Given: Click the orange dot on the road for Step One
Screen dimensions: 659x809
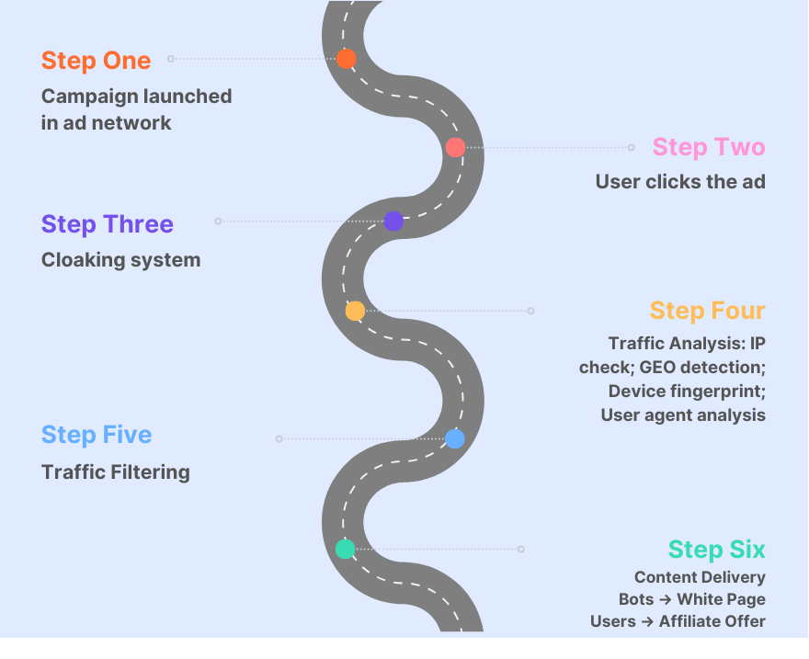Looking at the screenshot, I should pos(346,59).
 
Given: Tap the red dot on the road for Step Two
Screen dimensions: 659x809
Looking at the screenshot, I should pos(455,147).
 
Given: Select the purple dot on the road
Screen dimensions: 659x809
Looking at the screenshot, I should pos(393,221).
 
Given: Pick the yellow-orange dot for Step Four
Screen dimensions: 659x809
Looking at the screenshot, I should pos(355,311).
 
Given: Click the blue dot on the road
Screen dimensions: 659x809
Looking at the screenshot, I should pos(454,438).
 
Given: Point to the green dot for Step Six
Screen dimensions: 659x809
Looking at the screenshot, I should pos(345,549).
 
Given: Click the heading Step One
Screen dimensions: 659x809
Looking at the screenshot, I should pos(96,61).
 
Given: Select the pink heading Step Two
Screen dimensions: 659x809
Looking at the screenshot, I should pos(708,147).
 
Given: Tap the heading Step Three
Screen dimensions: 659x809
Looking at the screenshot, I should pos(107,224).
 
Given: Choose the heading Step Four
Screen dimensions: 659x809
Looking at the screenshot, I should pos(707,311).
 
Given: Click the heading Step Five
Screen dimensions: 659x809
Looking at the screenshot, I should pos(97,435).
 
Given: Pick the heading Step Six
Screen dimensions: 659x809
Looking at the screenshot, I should pos(716,550).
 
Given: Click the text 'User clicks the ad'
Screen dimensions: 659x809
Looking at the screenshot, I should pos(680,182).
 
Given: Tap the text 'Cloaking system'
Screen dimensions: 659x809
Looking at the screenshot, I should pos(120,260).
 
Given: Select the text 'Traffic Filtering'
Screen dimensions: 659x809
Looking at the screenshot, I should pos(116,472).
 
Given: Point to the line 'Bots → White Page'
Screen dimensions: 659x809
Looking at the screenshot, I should pos(691,599).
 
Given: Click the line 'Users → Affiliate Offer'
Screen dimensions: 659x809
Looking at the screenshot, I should pos(678,621).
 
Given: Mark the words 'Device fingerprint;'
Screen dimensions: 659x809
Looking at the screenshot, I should pos(687,391).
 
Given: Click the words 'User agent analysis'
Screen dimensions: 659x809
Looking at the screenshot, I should pos(683,415).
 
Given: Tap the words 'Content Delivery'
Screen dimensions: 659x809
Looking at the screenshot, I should pos(700,577).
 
